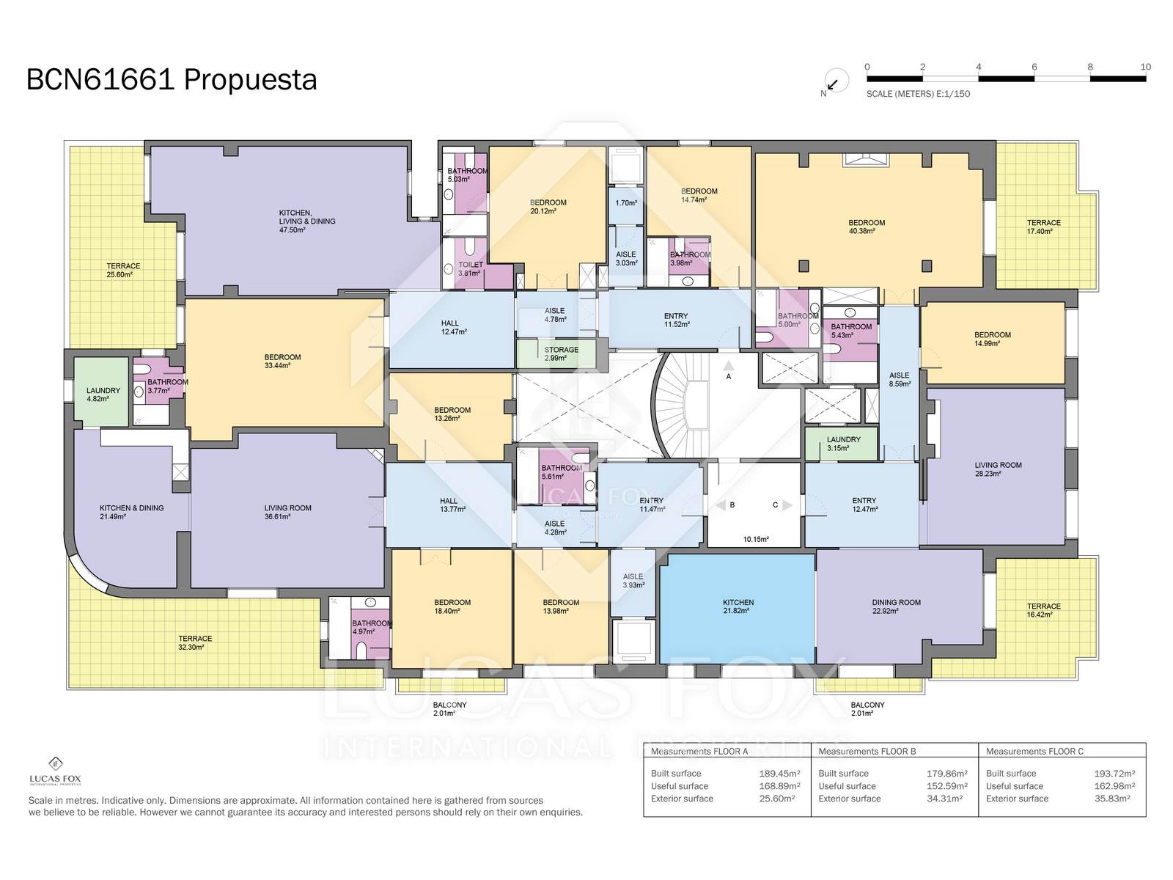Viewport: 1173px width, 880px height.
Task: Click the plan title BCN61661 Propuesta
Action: pyautogui.click(x=172, y=80)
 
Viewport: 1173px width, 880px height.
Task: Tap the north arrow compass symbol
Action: pyautogui.click(x=836, y=81)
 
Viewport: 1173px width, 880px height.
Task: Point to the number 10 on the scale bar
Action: pyautogui.click(x=1145, y=67)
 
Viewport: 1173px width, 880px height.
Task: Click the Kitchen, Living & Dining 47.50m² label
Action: pyautogui.click(x=306, y=221)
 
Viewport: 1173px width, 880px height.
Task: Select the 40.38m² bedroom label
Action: pyautogui.click(x=867, y=227)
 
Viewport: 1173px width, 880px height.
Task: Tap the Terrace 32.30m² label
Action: pyautogui.click(x=195, y=643)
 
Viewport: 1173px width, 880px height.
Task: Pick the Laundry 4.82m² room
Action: pyautogui.click(x=101, y=392)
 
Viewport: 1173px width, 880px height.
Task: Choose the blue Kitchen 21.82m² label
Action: pyautogui.click(x=738, y=606)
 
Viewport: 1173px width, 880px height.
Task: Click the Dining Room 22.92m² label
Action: pyautogui.click(x=896, y=606)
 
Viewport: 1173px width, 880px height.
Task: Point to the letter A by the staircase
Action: pyautogui.click(x=728, y=376)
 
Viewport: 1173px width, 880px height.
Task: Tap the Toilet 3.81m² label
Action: pyautogui.click(x=470, y=268)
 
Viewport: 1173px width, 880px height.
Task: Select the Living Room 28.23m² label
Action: pyautogui.click(x=998, y=469)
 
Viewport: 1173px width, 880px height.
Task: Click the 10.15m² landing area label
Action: pyautogui.click(x=756, y=540)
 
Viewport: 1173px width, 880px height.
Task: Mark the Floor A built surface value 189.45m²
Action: pyautogui.click(x=779, y=773)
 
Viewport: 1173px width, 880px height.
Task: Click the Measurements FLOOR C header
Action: pyautogui.click(x=1034, y=751)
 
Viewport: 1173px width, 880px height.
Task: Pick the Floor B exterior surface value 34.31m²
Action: pyautogui.click(x=946, y=799)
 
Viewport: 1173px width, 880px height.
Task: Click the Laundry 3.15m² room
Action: pyautogui.click(x=841, y=444)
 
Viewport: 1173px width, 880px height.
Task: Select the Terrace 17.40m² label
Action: pyautogui.click(x=1043, y=227)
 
